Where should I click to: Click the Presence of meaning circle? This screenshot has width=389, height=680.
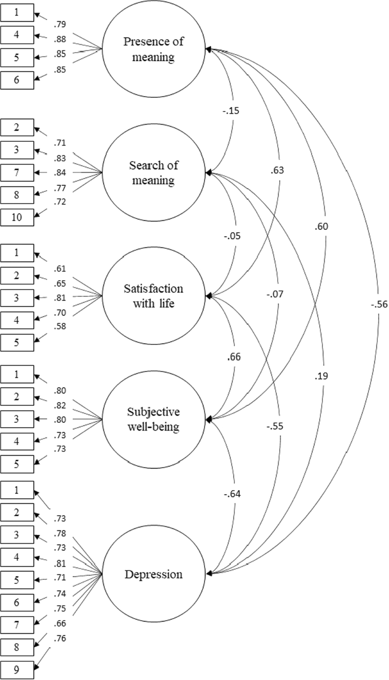click(154, 50)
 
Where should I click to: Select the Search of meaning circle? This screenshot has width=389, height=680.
click(154, 173)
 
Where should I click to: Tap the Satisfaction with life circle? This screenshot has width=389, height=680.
click(154, 296)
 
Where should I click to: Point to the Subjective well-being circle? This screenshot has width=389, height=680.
click(154, 419)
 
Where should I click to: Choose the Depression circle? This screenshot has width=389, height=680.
click(154, 574)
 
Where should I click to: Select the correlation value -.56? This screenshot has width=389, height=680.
click(378, 304)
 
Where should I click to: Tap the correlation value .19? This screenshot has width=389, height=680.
click(321, 376)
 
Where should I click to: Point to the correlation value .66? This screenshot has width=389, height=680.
click(234, 357)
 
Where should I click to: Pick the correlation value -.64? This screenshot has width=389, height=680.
click(232, 494)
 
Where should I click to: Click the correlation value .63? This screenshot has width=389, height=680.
click(277, 170)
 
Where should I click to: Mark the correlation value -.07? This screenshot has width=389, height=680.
click(275, 294)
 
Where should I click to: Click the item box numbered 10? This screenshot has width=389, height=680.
click(17, 217)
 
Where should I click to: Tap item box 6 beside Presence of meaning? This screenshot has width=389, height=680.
click(17, 80)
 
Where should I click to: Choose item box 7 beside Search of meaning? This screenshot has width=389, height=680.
click(17, 173)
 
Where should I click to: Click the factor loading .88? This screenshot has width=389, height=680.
click(60, 40)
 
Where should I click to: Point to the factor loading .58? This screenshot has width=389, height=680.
click(60, 326)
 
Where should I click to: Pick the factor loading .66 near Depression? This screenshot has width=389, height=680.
click(60, 623)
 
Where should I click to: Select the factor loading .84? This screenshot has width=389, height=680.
click(60, 173)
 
